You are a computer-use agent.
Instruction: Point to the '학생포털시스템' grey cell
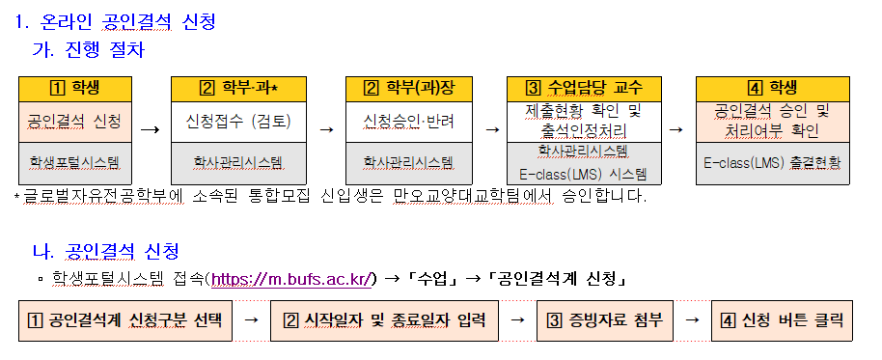(x=74, y=160)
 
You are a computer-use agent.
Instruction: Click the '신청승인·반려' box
(x=400, y=123)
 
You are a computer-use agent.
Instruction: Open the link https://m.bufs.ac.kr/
(x=292, y=280)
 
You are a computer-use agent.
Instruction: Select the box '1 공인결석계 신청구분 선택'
(x=125, y=319)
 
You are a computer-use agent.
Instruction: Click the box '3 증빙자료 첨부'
(x=605, y=319)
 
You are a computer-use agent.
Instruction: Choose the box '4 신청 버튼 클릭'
(x=781, y=319)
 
